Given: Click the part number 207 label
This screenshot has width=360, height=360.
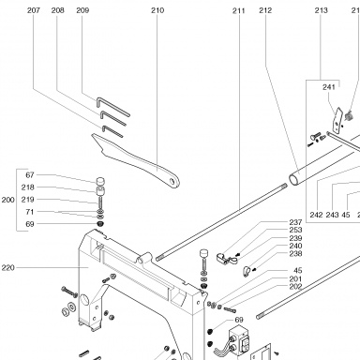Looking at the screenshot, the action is [34, 10].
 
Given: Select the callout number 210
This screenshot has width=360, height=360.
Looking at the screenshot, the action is [157, 10].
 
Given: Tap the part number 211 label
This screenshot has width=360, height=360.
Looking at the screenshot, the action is [239, 10].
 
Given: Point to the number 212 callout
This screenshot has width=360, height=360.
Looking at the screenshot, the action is [265, 10].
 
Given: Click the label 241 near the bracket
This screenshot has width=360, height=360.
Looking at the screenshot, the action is [329, 87].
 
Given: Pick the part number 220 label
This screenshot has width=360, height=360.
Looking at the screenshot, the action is [8, 268].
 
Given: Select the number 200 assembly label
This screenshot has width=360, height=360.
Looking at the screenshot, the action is [8, 200].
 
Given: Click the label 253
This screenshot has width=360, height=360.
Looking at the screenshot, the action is [295, 230].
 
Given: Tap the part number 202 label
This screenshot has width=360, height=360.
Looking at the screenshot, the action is [295, 287].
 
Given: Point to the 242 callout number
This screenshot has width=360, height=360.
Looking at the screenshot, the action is [316, 215].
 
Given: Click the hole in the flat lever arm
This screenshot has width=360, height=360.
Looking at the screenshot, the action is [172, 181].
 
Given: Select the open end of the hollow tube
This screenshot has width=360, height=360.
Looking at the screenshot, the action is [293, 180].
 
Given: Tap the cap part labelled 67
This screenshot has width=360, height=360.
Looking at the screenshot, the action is [100, 181].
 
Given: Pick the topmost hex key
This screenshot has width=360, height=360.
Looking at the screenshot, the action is [112, 106].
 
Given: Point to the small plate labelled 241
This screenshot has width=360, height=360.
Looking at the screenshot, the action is [337, 121].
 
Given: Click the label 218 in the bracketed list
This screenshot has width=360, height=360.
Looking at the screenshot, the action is [27, 187].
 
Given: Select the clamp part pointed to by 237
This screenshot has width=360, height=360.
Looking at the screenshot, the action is [224, 258].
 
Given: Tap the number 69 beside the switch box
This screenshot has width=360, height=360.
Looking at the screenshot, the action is [239, 320].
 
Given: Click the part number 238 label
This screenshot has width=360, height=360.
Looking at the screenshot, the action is [295, 253].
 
